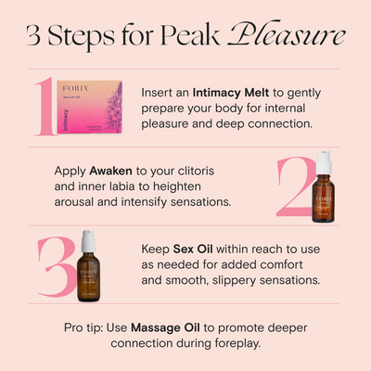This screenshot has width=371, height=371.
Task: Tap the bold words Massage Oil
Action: coord(168,327)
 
